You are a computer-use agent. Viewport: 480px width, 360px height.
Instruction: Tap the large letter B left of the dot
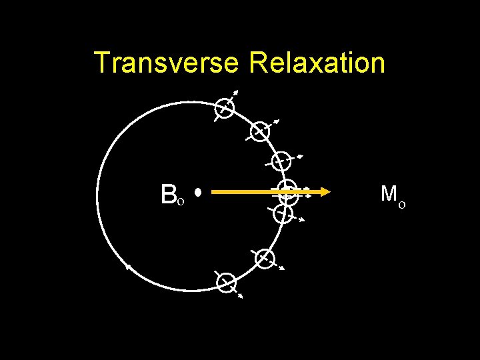(x=168, y=194)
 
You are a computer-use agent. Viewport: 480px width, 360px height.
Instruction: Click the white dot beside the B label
(x=198, y=193)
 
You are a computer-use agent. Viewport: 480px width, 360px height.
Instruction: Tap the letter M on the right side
(x=389, y=194)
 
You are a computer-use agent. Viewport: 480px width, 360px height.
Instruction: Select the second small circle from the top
(x=260, y=131)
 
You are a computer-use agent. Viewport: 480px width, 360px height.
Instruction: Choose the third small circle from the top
(x=283, y=160)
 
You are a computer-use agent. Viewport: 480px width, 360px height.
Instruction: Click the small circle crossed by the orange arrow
(x=287, y=189)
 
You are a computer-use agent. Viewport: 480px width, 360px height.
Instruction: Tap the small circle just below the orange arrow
(x=283, y=213)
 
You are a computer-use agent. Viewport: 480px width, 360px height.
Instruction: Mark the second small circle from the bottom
(x=265, y=258)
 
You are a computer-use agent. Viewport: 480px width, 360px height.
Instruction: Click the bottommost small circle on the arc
(x=227, y=283)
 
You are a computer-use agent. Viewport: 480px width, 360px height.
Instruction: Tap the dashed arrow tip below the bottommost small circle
(x=240, y=295)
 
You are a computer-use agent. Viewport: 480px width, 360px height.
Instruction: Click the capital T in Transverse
(x=103, y=63)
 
